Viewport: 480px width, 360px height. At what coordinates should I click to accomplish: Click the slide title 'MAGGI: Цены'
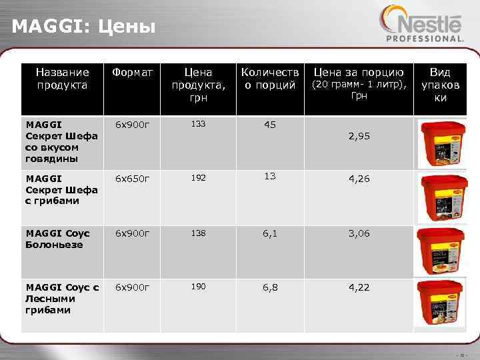pyautogui.click(x=84, y=27)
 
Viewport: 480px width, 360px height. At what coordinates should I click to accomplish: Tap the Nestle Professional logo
pyautogui.click(x=421, y=25)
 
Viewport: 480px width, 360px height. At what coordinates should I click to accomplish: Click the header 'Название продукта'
pyautogui.click(x=62, y=78)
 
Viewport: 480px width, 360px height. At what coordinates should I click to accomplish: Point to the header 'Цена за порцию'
pyautogui.click(x=358, y=71)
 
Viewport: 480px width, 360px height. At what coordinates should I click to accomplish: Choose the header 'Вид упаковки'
pyautogui.click(x=440, y=84)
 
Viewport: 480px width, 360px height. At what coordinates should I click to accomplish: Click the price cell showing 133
pyautogui.click(x=198, y=124)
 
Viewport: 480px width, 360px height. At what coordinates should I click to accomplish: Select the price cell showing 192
pyautogui.click(x=198, y=179)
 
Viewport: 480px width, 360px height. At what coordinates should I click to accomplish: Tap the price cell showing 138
pyautogui.click(x=198, y=233)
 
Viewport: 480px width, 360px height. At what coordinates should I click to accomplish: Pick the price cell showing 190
pyautogui.click(x=198, y=287)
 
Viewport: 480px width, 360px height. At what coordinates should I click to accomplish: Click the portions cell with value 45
pyautogui.click(x=270, y=125)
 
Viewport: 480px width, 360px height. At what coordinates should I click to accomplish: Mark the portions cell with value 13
pyautogui.click(x=270, y=177)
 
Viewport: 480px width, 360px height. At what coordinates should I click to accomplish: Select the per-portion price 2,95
pyautogui.click(x=358, y=136)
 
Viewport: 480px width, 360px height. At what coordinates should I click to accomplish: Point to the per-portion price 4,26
pyautogui.click(x=358, y=178)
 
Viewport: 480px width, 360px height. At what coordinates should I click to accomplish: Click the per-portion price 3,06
pyautogui.click(x=358, y=233)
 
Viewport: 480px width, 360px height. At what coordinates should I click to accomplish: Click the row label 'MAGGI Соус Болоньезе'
pyautogui.click(x=54, y=239)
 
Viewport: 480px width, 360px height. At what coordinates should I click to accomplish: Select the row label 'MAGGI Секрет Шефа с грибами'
pyautogui.click(x=61, y=189)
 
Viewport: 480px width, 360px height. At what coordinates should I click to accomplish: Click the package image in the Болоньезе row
pyautogui.click(x=441, y=249)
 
